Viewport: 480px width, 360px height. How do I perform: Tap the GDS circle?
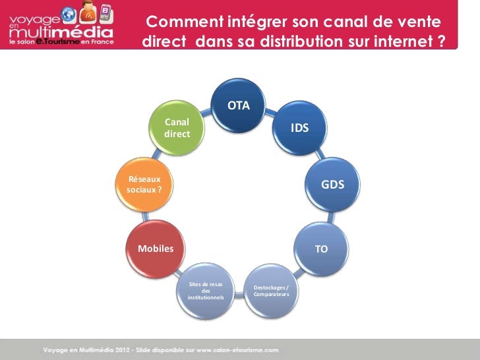[332, 185]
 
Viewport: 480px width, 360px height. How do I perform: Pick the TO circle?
[321, 249]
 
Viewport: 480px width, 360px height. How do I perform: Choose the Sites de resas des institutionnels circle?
[206, 291]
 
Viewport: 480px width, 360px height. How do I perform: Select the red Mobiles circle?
[156, 249]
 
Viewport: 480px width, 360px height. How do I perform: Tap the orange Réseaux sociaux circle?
[141, 185]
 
